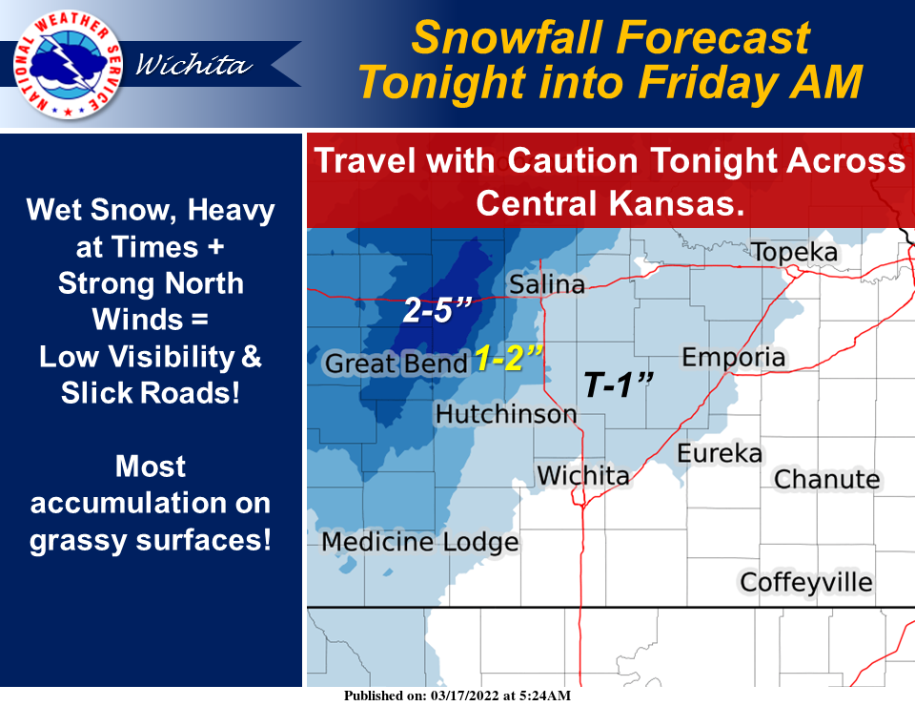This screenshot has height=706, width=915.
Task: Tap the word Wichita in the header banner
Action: point(194,65)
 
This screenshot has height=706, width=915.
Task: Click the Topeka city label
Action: point(794,253)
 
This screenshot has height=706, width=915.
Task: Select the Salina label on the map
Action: point(546,284)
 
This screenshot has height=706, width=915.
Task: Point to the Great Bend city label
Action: point(396,363)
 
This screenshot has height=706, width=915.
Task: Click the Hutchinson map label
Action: point(506,414)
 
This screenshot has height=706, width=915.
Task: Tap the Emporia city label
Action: point(734,358)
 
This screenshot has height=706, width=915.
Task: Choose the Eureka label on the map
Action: point(720,453)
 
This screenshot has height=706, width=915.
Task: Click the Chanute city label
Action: point(826,478)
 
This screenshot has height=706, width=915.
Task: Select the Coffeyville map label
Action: point(806,581)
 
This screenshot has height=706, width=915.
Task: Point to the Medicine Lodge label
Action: point(420,543)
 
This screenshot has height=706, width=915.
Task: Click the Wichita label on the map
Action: point(583,475)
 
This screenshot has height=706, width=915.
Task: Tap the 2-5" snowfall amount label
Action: point(437,311)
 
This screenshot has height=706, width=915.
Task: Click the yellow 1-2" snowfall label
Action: point(509,360)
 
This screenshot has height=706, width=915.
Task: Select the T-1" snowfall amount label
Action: point(618,385)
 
